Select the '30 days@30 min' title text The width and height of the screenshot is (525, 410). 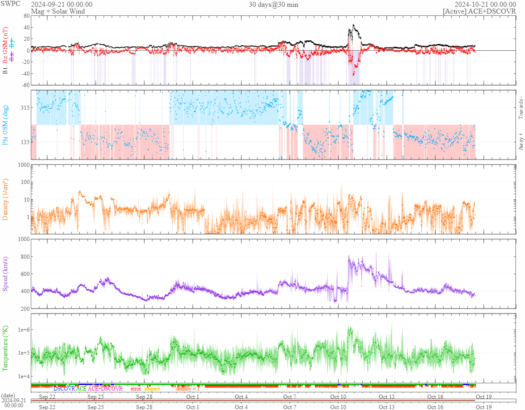pos(273,5)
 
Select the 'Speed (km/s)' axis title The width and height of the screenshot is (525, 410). pos(6,273)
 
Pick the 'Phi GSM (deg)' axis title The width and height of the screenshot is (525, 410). pos(6,125)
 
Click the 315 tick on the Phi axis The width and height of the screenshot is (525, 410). pos(24,108)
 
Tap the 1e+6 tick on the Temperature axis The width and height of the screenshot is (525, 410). pos(23,329)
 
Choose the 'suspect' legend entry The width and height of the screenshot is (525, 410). pos(152,389)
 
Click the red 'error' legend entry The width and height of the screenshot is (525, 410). pos(136,389)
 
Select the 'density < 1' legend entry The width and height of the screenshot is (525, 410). pos(187,389)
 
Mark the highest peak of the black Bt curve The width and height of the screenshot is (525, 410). pos(354,25)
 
